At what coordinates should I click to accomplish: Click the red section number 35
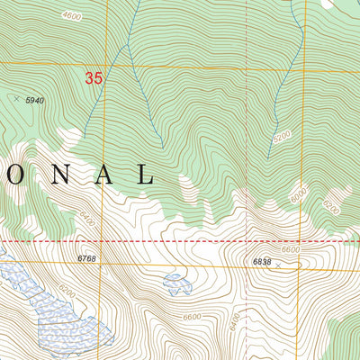(x=94, y=78)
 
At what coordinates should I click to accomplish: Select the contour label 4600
(x=75, y=15)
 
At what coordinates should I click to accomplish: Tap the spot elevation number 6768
(x=86, y=258)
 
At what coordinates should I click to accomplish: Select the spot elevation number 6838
(x=263, y=262)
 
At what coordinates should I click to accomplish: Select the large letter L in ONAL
(x=144, y=174)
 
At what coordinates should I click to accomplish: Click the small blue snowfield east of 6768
(x=176, y=284)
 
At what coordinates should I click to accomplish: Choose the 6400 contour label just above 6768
(x=87, y=219)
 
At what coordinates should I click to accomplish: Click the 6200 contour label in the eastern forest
(x=330, y=208)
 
